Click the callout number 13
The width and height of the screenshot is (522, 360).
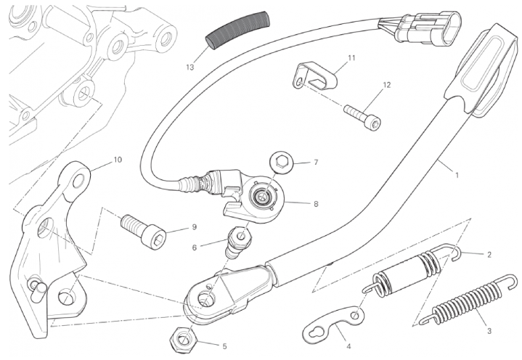tap(189, 67)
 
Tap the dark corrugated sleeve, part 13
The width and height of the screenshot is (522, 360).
tap(237, 30)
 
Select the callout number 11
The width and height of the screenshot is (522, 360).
tap(351, 58)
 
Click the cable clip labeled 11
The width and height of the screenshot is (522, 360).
tap(315, 76)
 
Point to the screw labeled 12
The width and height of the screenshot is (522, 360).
tap(362, 116)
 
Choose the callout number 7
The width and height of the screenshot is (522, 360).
tap(316, 163)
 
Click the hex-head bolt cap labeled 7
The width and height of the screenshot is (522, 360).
tap(282, 163)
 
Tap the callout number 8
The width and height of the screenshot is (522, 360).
tap(316, 204)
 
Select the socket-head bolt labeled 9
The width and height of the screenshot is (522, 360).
tap(142, 230)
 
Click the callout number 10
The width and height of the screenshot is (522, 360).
tap(118, 160)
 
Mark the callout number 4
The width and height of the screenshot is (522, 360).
tap(348, 346)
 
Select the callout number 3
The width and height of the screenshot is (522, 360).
tap(489, 331)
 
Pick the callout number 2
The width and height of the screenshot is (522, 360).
tap(489, 255)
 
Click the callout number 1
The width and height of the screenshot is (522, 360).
tap(457, 175)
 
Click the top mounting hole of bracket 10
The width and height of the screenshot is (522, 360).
tap(78, 180)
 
